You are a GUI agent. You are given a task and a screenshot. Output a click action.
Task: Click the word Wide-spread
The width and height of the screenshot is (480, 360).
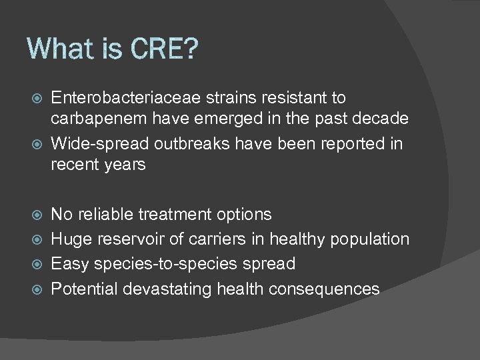tap(101, 144)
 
